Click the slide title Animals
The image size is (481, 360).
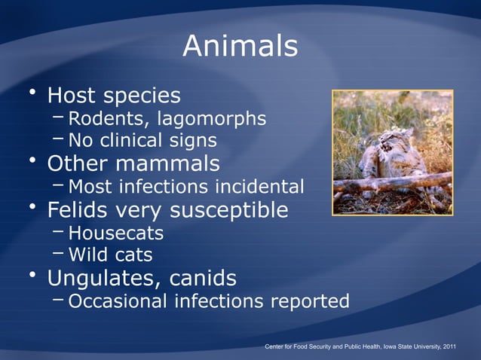coord(240,47)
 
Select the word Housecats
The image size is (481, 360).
coord(115,233)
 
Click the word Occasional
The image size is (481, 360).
coord(118,302)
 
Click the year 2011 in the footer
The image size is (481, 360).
coord(447,346)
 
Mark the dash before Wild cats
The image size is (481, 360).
coord(60,253)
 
